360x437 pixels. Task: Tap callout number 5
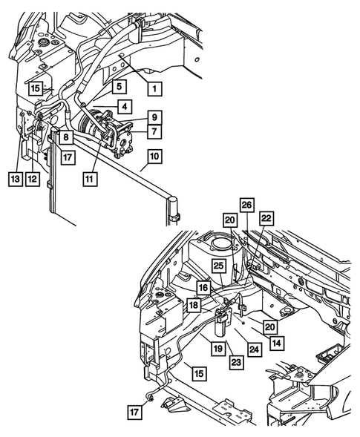(120, 87)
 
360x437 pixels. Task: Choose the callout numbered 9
(154, 116)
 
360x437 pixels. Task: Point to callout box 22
(266, 218)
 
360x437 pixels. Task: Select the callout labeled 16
(203, 288)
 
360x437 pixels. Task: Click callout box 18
(193, 304)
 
